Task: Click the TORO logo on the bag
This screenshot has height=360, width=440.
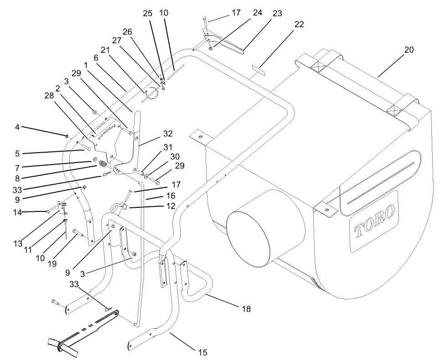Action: coord(375,221)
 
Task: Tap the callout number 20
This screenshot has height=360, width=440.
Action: coord(409,50)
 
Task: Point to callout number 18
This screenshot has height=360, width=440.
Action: coord(246,309)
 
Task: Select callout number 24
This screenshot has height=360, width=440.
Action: coord(258,13)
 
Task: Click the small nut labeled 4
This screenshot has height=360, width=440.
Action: coord(67,135)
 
